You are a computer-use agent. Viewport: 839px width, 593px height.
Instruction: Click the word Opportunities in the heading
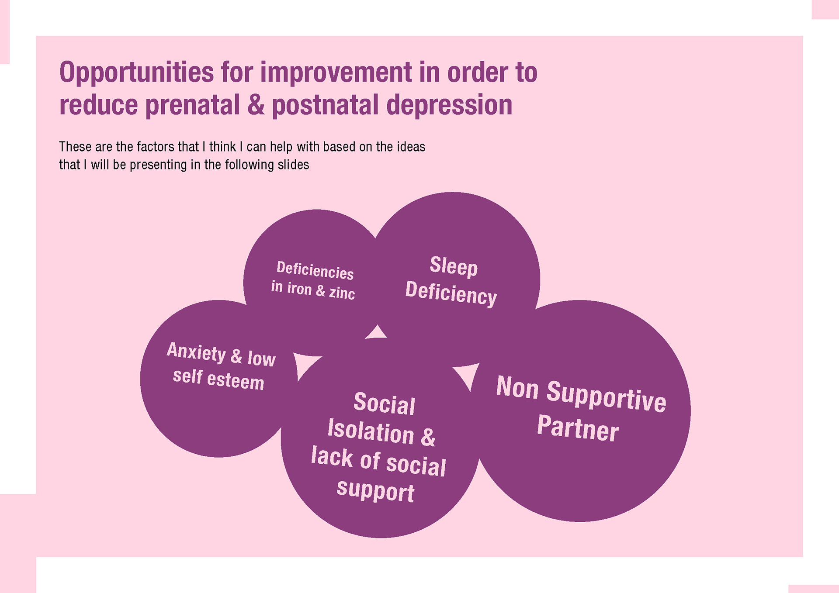136,73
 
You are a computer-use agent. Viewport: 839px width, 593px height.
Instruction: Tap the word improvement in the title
336,73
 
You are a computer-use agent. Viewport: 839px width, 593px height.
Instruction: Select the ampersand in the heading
256,105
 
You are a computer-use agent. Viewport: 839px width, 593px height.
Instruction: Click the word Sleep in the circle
454,266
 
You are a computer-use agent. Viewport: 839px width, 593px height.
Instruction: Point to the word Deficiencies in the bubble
315,270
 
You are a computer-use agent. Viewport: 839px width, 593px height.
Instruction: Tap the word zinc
342,293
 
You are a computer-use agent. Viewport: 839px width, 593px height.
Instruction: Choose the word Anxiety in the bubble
196,352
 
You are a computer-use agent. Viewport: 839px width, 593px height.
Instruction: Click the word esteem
236,380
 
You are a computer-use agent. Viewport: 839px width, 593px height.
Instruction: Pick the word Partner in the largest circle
578,428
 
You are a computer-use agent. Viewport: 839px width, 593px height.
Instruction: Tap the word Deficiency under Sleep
451,293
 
